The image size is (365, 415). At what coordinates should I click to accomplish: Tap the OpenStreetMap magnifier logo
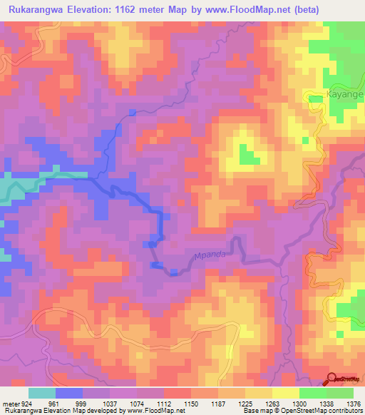click(x=333, y=379)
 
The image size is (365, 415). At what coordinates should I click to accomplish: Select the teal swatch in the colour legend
click(x=42, y=392)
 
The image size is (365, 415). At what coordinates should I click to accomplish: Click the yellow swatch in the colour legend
click(x=285, y=392)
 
